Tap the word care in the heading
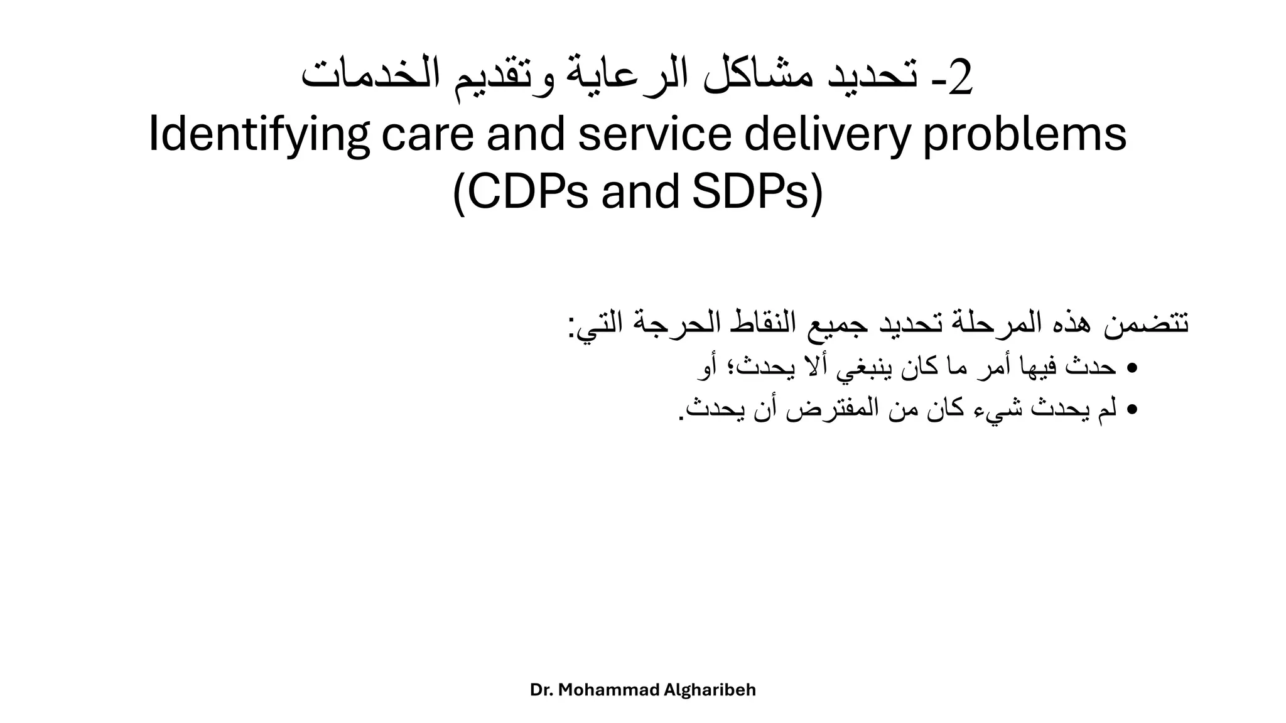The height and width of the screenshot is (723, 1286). tap(427, 136)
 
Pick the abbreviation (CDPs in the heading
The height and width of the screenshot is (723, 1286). tap(521, 192)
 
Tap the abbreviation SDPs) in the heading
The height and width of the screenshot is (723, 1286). tap(757, 192)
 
